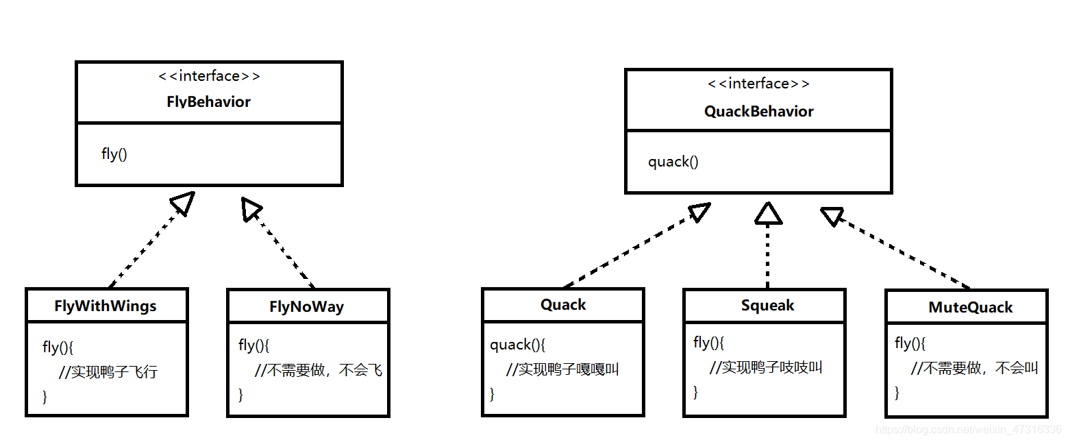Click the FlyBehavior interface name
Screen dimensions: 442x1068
click(x=208, y=102)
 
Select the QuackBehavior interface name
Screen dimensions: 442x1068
click(x=758, y=112)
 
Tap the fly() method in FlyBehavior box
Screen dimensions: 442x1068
click(x=114, y=154)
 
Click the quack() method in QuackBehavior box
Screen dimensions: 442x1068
click(x=673, y=162)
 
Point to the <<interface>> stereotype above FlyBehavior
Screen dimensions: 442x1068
click(x=208, y=76)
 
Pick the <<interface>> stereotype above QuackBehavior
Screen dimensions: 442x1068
click(x=758, y=84)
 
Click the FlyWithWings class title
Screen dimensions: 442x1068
click(x=105, y=306)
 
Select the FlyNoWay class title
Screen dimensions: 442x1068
click(x=307, y=307)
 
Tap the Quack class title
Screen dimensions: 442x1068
click(x=563, y=305)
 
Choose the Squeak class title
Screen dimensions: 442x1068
click(x=767, y=306)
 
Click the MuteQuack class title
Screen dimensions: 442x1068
click(x=970, y=308)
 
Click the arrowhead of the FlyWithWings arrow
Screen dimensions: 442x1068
click(x=184, y=203)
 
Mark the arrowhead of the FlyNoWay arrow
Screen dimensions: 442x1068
click(x=251, y=208)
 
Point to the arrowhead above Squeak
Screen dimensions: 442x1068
click(x=768, y=214)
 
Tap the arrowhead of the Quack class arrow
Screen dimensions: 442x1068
click(x=700, y=212)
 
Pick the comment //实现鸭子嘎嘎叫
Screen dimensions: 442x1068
click(x=562, y=369)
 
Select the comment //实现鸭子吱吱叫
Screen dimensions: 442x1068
click(x=765, y=367)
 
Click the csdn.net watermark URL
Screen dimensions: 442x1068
click(x=969, y=430)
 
